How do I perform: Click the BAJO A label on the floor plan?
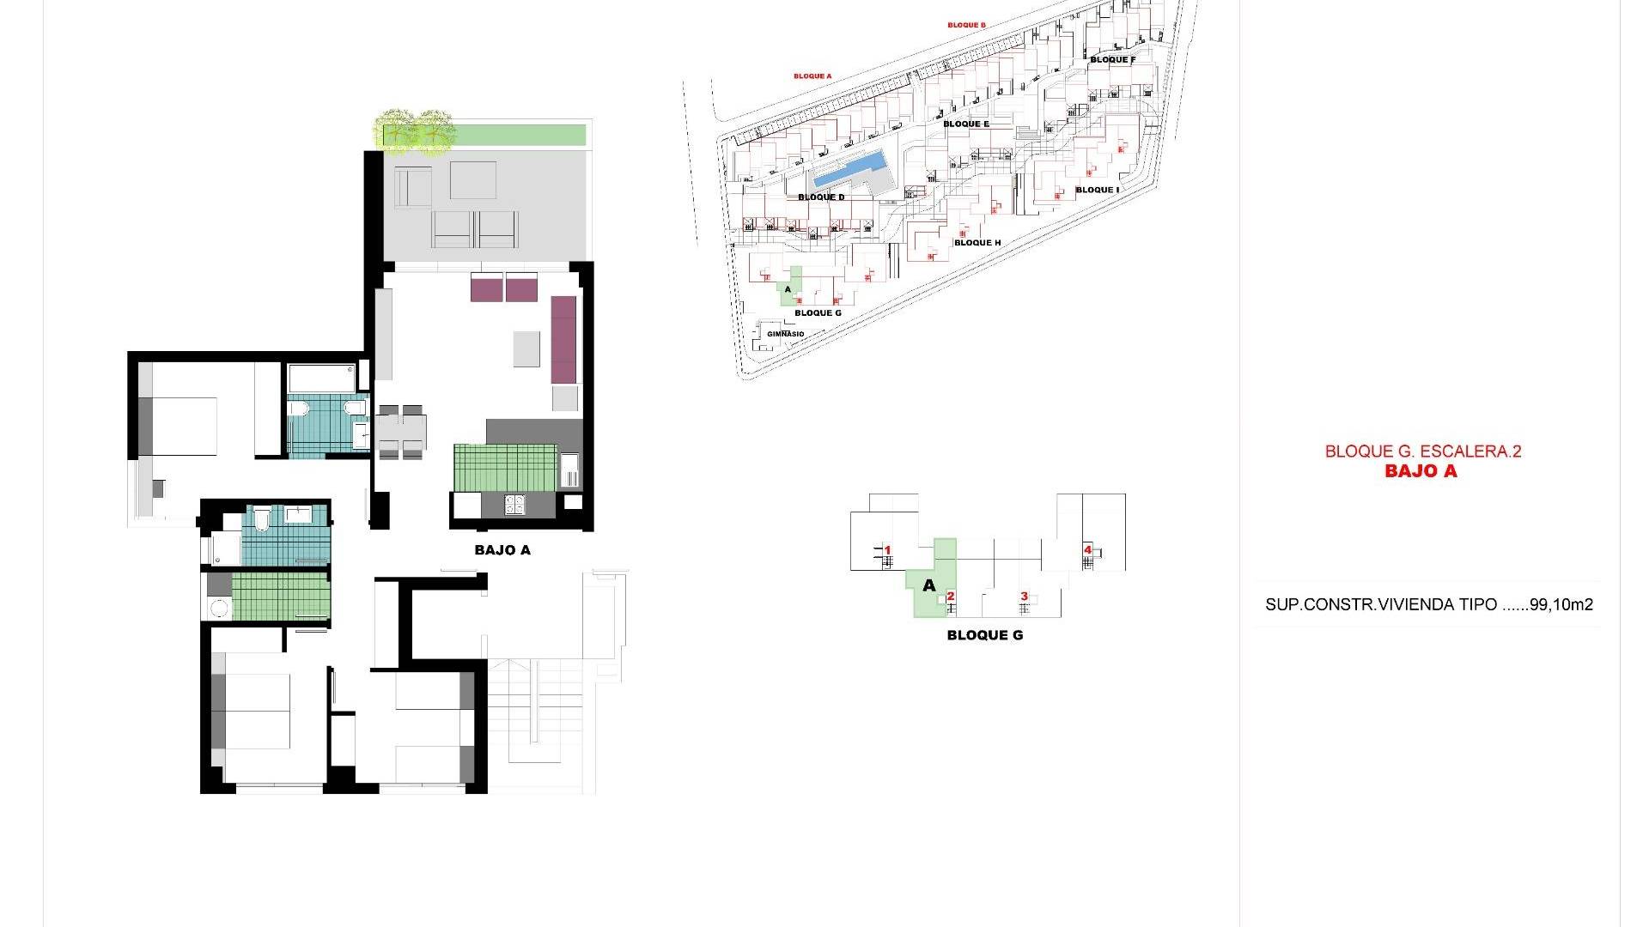pyautogui.click(x=502, y=550)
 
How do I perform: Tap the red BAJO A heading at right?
pyautogui.click(x=1421, y=470)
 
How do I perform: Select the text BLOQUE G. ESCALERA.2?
pyautogui.click(x=1423, y=451)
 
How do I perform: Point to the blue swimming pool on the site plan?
pyautogui.click(x=850, y=169)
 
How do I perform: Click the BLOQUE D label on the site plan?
pyautogui.click(x=821, y=197)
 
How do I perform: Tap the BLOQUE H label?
pyautogui.click(x=977, y=243)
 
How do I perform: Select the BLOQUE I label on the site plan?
pyautogui.click(x=1097, y=190)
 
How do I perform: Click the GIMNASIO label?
pyautogui.click(x=786, y=334)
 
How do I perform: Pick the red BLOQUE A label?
pyautogui.click(x=812, y=76)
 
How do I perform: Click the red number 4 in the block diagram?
pyautogui.click(x=1087, y=550)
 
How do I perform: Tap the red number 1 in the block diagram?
pyautogui.click(x=888, y=550)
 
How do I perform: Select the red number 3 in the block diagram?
pyautogui.click(x=1024, y=597)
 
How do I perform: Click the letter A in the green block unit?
pyautogui.click(x=928, y=586)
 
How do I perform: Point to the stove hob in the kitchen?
pyautogui.click(x=515, y=505)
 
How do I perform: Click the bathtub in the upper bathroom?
pyautogui.click(x=321, y=379)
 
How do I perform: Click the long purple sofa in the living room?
pyautogui.click(x=563, y=340)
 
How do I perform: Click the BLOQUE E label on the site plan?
pyautogui.click(x=966, y=124)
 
